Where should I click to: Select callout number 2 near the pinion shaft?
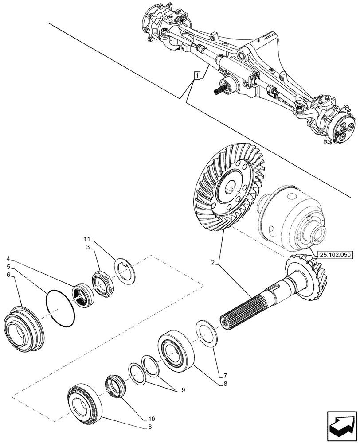point(214,263)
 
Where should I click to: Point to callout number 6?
point(9,275)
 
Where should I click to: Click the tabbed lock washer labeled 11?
point(126,270)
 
